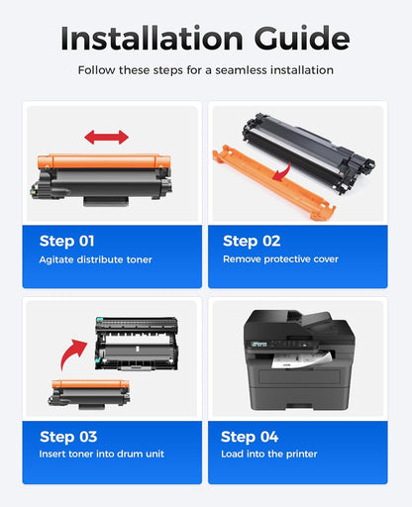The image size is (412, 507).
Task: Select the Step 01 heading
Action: [x=69, y=241]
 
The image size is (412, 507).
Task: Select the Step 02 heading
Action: [x=252, y=241]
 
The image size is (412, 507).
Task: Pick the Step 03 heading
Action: [x=69, y=437]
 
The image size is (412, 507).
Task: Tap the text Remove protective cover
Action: [x=280, y=259]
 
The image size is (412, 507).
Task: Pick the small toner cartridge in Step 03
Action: [x=86, y=391]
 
